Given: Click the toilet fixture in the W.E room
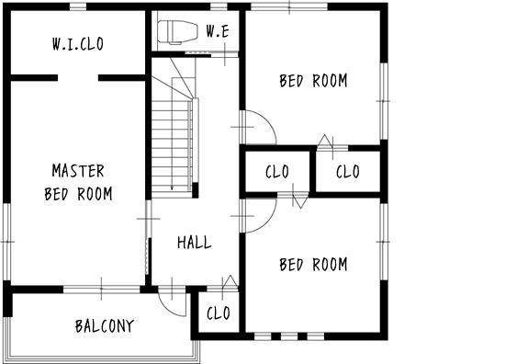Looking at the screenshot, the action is (x=177, y=32).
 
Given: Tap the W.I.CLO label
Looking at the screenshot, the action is (x=78, y=44).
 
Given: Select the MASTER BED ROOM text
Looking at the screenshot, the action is (x=78, y=182).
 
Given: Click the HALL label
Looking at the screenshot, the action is (x=195, y=243).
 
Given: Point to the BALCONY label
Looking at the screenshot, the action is (x=105, y=326).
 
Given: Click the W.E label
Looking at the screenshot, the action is (x=218, y=31).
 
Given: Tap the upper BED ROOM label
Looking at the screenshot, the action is (x=313, y=81).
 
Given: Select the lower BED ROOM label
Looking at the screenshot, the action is (x=313, y=265).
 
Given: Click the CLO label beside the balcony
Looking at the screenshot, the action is (x=219, y=313).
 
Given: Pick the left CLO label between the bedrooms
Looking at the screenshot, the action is (x=276, y=172).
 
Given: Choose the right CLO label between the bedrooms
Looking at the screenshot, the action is (x=347, y=172).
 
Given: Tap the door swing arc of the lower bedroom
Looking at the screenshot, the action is (x=268, y=223).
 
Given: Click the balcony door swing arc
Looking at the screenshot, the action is (x=167, y=309).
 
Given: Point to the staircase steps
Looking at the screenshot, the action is (x=172, y=148).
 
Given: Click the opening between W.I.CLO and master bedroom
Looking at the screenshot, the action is (x=78, y=78).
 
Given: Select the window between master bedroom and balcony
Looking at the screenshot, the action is (x=101, y=290).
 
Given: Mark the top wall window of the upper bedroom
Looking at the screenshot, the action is (x=289, y=6).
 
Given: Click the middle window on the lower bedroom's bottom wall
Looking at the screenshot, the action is (x=289, y=336).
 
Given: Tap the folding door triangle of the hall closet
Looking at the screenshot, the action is (x=230, y=281).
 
